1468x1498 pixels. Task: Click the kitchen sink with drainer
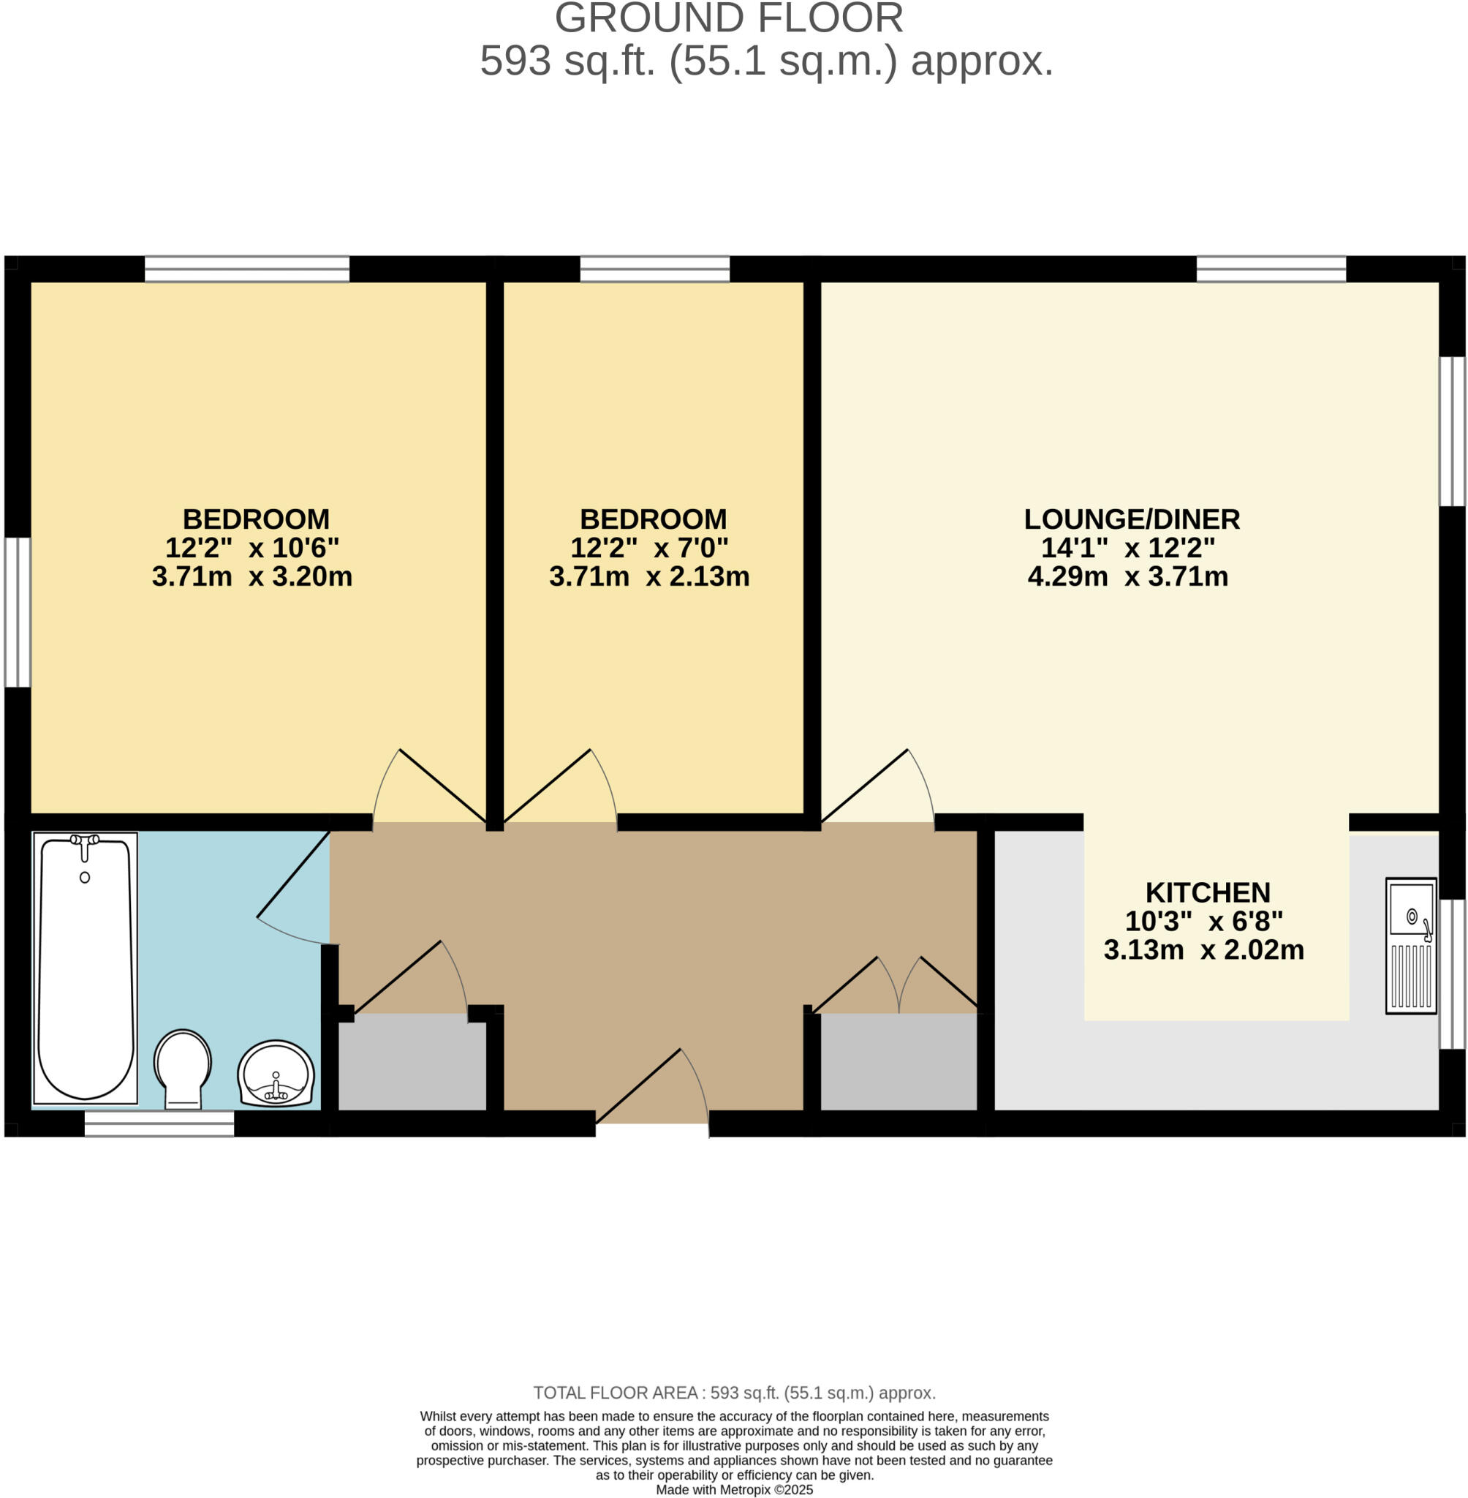[1411, 946]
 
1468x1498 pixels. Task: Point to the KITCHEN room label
[1208, 892]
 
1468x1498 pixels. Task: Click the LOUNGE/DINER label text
[1132, 519]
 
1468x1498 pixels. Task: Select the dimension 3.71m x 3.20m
[252, 577]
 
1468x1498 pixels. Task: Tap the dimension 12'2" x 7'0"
[649, 549]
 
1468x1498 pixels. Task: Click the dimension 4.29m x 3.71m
[1128, 577]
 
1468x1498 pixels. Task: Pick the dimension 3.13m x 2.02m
[1203, 950]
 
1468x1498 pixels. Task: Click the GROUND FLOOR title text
[729, 18]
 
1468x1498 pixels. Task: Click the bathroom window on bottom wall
[159, 1124]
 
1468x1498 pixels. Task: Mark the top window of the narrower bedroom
[654, 269]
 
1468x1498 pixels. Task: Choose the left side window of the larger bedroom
[18, 611]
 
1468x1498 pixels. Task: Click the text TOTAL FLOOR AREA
[615, 1393]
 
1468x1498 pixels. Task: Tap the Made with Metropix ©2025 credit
[734, 1489]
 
